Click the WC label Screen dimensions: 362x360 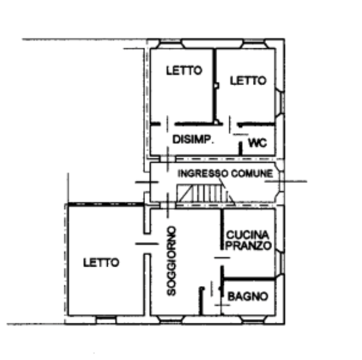point(258,143)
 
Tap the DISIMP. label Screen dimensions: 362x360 point(193,139)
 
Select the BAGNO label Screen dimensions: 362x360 point(248,296)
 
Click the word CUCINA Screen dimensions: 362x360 point(248,235)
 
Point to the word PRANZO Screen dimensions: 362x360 point(248,246)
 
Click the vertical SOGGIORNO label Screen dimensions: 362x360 point(172,261)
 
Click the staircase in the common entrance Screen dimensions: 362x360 point(205,194)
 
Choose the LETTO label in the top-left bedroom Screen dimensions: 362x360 point(184,71)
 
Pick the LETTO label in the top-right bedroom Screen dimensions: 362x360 point(248,81)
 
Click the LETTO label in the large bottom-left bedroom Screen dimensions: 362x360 point(101,262)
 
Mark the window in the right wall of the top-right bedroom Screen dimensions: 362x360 point(280,103)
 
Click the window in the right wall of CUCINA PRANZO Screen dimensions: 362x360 point(280,263)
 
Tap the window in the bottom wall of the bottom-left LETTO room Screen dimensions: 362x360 point(106,319)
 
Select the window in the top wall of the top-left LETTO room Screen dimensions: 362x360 point(170,44)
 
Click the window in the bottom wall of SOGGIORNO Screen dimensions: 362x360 point(171,319)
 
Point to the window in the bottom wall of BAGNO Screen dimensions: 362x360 point(254,319)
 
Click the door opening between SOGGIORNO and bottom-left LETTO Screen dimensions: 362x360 point(147,244)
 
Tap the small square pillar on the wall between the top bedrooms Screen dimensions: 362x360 point(217,86)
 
